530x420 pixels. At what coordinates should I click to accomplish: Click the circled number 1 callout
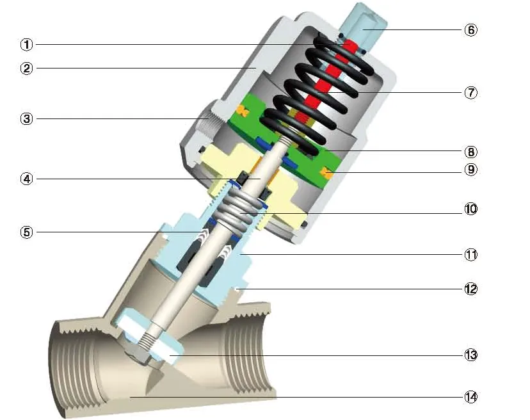(26, 44)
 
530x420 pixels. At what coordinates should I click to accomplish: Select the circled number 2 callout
(26, 69)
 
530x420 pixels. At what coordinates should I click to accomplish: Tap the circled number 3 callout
(26, 118)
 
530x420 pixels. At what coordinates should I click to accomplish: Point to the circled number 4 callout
(26, 179)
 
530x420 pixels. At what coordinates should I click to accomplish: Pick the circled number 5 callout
(26, 232)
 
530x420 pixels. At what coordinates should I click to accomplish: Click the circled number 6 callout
(471, 30)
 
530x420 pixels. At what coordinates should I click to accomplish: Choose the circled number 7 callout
(471, 92)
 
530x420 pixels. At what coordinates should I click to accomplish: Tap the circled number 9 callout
(471, 170)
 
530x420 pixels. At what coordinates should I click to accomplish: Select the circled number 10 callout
(471, 209)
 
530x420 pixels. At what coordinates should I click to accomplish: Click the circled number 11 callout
(471, 254)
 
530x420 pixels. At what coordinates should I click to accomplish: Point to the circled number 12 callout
(471, 288)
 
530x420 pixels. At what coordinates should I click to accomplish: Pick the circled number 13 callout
(471, 355)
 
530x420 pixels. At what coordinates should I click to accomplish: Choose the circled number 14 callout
(471, 396)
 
